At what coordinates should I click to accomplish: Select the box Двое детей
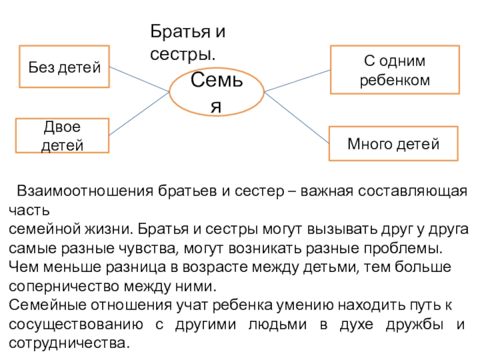pyautogui.click(x=62, y=136)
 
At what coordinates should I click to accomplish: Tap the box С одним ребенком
pyautogui.click(x=395, y=70)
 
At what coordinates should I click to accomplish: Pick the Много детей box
pyautogui.click(x=394, y=144)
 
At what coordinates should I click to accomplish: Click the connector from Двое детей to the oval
pyautogui.click(x=139, y=114)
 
